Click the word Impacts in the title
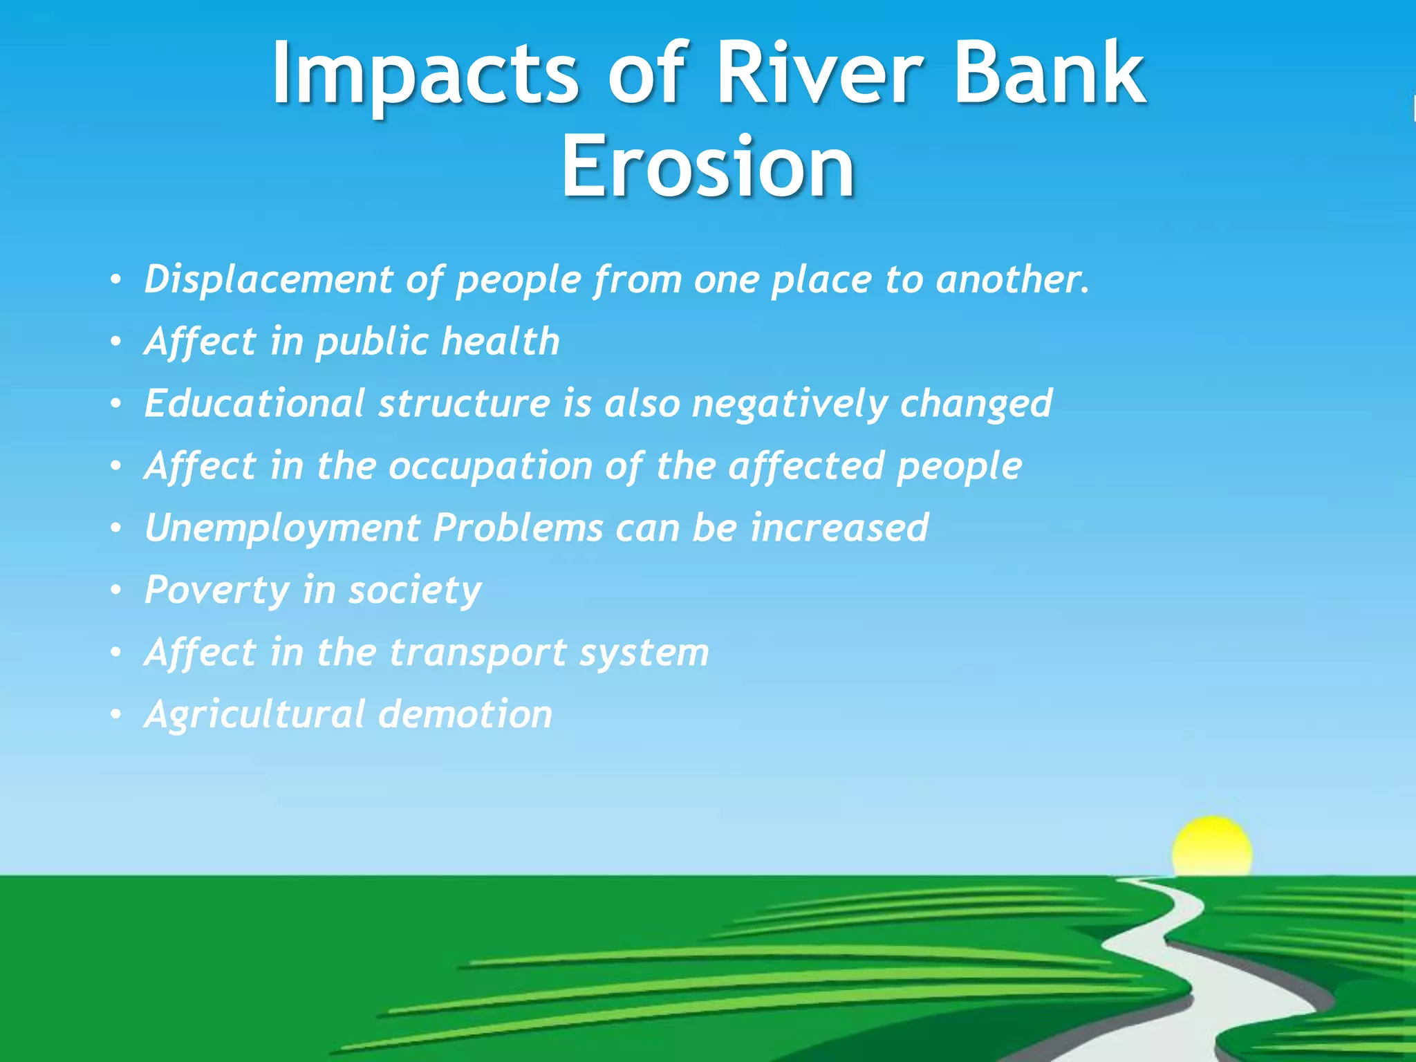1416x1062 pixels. [x=424, y=75]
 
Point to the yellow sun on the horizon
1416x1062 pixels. [x=1211, y=847]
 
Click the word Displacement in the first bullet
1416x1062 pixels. [x=268, y=279]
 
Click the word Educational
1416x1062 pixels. [x=254, y=403]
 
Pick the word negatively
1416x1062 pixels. [x=789, y=404]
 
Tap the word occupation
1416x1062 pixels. [x=490, y=467]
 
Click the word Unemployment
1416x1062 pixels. [x=281, y=529]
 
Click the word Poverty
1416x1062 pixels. [x=216, y=591]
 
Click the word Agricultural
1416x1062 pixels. [x=254, y=716]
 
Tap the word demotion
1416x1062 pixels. [x=465, y=714]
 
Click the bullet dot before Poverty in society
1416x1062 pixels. [x=116, y=591]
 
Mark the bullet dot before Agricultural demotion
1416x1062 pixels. [x=116, y=715]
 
